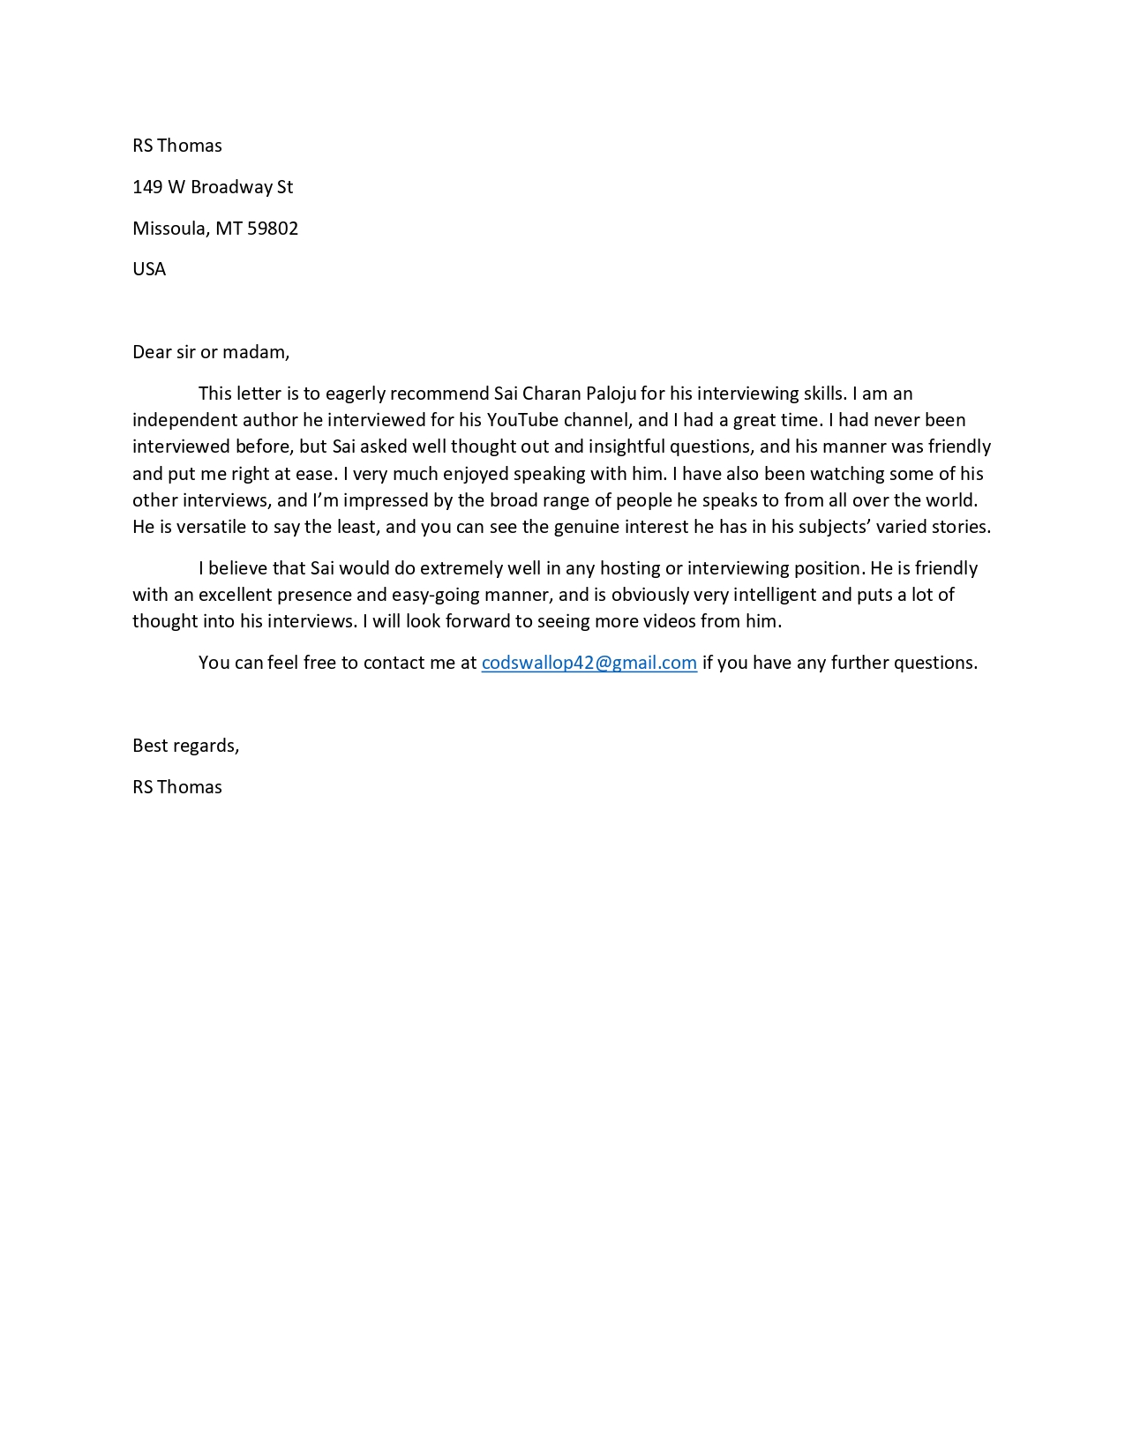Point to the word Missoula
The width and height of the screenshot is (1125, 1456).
pos(170,229)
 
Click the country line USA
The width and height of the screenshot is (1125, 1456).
pos(149,269)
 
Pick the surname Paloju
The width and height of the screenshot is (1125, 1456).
pos(611,394)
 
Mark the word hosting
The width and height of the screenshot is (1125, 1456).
pos(629,568)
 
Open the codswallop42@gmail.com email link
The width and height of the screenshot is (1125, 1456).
pos(589,663)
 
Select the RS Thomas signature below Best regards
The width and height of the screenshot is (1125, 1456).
pos(177,787)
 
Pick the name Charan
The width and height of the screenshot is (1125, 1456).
pos(551,394)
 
